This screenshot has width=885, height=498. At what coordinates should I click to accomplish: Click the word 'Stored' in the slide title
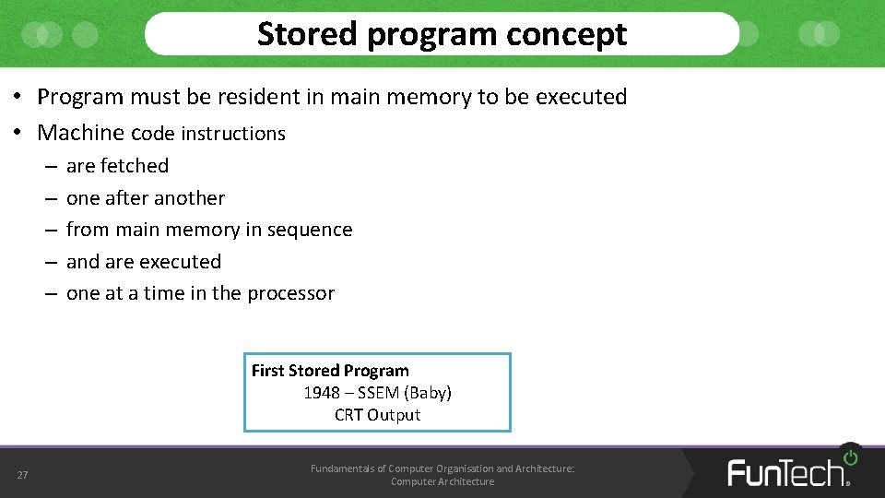(x=306, y=34)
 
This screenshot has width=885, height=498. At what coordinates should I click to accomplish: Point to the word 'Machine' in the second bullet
(x=80, y=133)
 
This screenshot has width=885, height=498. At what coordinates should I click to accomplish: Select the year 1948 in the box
(x=322, y=393)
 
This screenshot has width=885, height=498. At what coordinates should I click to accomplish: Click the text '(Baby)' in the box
(x=428, y=393)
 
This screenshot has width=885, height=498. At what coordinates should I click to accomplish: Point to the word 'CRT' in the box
(x=348, y=415)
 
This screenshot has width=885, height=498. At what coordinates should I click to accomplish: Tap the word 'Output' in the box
(x=394, y=415)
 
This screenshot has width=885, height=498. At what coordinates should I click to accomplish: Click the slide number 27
(x=22, y=475)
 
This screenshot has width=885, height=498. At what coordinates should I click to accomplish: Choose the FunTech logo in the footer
(x=785, y=472)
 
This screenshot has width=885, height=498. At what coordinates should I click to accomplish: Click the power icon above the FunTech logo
(x=850, y=456)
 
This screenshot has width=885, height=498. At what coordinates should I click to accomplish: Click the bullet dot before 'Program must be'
(x=18, y=98)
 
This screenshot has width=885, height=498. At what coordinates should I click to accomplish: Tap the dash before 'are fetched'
(x=48, y=166)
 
